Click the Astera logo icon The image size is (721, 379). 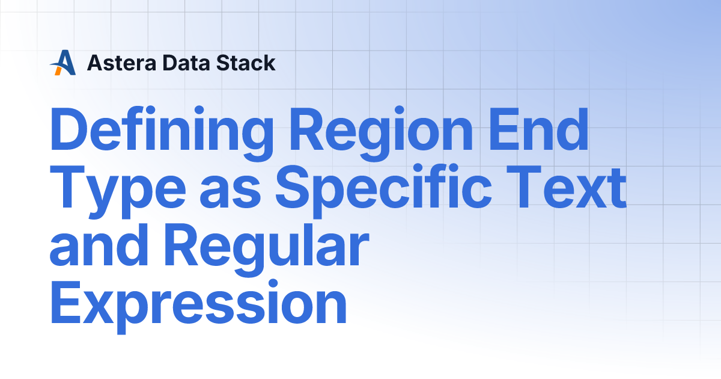point(63,63)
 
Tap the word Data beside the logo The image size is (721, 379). point(178,63)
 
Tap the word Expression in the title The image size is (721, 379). point(198,305)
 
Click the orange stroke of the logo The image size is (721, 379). point(58,70)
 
